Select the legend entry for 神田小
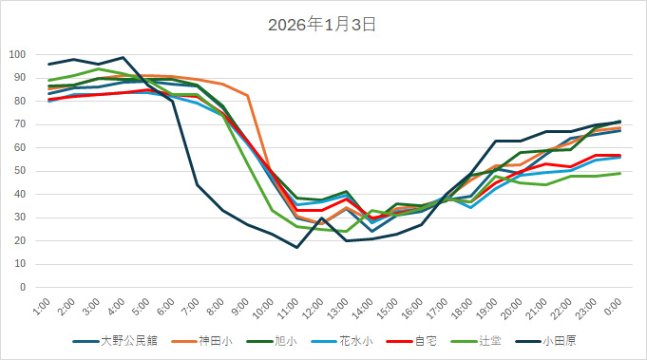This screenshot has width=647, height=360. tap(216, 340)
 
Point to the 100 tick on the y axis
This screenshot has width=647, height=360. tap(16, 54)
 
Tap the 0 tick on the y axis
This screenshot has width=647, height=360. tap(22, 287)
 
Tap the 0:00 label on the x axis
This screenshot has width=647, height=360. tap(614, 306)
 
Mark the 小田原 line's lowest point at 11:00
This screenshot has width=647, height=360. tap(297, 247)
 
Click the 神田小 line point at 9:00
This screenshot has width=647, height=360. tap(248, 96)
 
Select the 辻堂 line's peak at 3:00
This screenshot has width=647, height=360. tap(99, 68)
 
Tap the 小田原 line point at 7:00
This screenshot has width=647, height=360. tap(198, 185)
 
